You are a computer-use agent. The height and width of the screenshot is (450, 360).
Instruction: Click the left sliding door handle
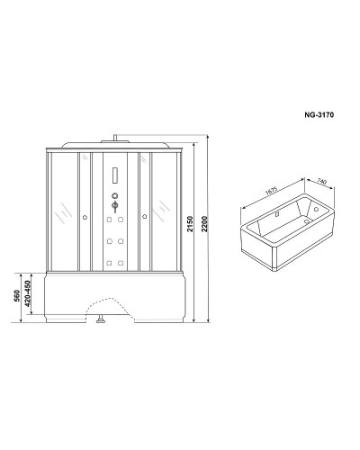pyautogui.click(x=84, y=216)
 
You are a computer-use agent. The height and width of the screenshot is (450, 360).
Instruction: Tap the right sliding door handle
pyautogui.click(x=143, y=216)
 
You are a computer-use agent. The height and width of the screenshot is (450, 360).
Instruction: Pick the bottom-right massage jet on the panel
pyautogui.click(x=120, y=263)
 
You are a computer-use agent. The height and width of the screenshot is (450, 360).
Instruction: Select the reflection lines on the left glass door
pyautogui.click(x=62, y=211)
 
